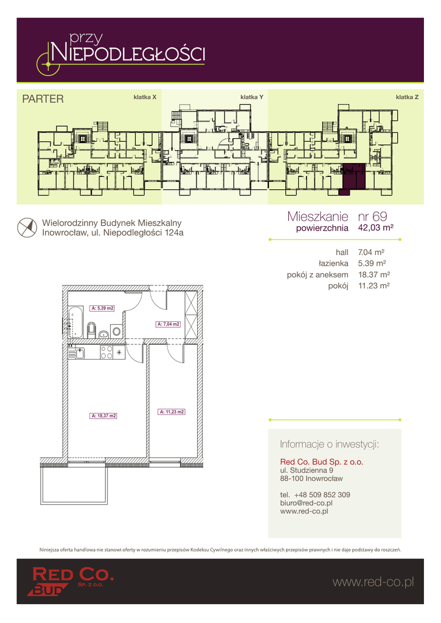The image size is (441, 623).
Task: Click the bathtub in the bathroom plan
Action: [x=75, y=321]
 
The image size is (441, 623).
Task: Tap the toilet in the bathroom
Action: [x=91, y=329]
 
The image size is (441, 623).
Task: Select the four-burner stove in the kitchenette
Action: [x=106, y=352]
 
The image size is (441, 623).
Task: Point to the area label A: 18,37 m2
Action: [x=103, y=416]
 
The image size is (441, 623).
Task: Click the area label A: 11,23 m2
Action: [x=172, y=412]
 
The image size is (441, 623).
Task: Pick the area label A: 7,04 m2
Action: [x=168, y=324]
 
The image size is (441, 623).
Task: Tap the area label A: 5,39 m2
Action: [x=103, y=308]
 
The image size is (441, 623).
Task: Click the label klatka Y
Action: [x=252, y=97]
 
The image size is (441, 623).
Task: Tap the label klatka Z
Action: [x=407, y=97]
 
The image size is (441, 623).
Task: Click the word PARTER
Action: [x=43, y=99]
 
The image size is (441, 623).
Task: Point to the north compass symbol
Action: [x=27, y=228]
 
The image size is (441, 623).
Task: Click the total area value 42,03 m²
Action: [x=376, y=228]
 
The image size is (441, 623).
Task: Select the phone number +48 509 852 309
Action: [x=322, y=495]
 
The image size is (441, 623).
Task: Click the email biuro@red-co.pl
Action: [x=307, y=503]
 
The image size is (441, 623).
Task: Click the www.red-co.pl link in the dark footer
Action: [x=373, y=582]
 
